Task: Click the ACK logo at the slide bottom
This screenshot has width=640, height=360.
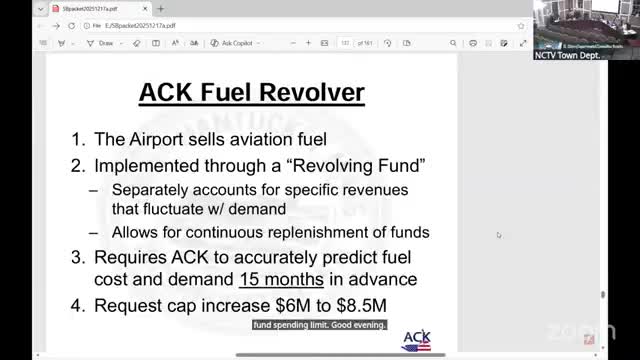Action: point(415,340)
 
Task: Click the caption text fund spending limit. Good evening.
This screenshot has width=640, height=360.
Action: point(319,324)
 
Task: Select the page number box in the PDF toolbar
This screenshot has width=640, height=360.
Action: point(346,43)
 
